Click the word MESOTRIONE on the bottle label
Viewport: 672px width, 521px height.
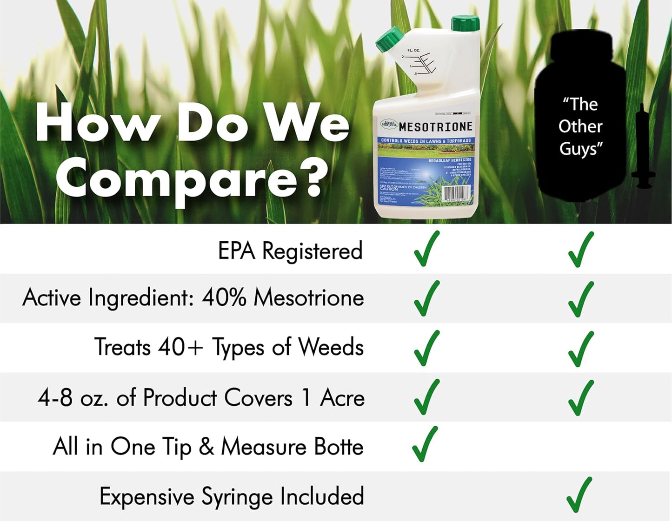435,126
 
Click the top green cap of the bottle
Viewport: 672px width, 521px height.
465,22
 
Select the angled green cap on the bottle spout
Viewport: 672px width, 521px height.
389,39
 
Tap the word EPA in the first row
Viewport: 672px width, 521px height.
237,251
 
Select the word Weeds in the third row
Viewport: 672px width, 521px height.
331,347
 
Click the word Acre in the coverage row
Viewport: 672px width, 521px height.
342,397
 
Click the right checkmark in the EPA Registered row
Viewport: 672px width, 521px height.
581,250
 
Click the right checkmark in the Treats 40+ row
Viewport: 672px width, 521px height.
581,349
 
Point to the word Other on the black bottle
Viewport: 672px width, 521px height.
580,126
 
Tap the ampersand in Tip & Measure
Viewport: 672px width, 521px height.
206,447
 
